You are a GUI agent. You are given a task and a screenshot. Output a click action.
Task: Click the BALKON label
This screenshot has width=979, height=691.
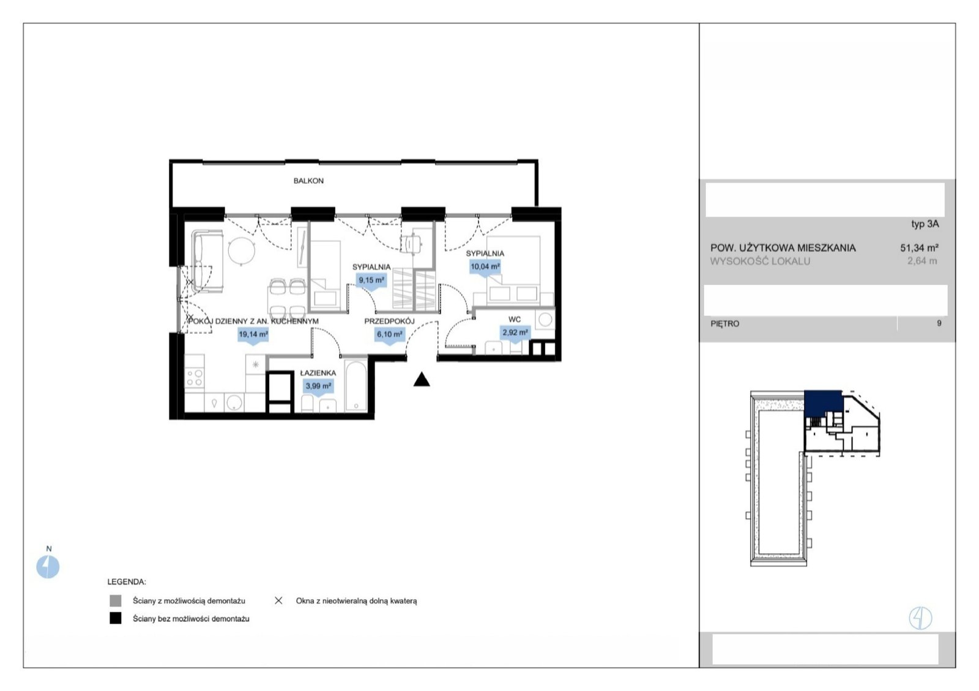click(x=308, y=181)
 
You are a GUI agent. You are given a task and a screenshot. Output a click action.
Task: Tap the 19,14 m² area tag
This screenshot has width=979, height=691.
click(x=253, y=334)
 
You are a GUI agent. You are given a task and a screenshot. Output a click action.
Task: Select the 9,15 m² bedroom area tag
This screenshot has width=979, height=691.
click(x=371, y=281)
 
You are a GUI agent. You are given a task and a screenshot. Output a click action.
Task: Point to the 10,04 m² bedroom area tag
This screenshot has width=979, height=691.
click(x=485, y=266)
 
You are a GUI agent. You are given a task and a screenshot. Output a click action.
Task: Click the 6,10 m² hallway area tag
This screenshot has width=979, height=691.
click(x=389, y=334)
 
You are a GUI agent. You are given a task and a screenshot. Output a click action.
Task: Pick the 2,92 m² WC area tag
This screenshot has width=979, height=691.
click(x=515, y=333)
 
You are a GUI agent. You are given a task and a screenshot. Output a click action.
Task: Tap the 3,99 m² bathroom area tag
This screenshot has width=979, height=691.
click(x=318, y=387)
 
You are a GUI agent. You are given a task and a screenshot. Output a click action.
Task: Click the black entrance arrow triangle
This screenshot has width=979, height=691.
click(x=422, y=379)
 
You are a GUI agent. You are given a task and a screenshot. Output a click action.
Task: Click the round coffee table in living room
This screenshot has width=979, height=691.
click(x=241, y=251)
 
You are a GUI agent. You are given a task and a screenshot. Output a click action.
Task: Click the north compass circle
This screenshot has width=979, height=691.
click(x=48, y=567)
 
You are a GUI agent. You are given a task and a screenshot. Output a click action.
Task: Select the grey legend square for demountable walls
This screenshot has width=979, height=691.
click(x=116, y=601)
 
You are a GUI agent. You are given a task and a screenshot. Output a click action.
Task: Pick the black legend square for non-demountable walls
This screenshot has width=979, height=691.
click(x=116, y=618)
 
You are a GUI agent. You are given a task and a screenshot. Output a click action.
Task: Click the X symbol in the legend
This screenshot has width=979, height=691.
click(x=278, y=601)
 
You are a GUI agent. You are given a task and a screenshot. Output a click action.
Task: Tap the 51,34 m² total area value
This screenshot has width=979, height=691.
click(x=919, y=248)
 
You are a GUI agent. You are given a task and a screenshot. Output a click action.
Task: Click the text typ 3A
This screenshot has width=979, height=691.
click(x=925, y=224)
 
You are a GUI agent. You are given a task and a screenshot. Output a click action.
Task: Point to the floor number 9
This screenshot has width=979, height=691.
click(x=939, y=323)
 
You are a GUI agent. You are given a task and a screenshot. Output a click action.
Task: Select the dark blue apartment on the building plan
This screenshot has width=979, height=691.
click(x=823, y=402)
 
